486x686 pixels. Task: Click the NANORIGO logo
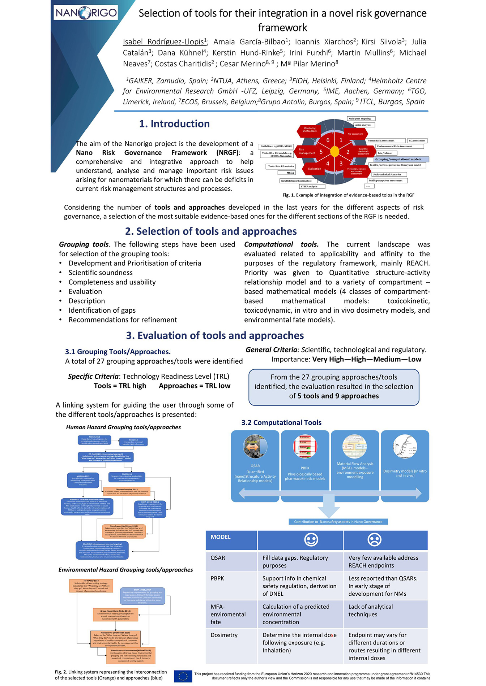coord(86,13)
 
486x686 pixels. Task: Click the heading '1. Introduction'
coord(174,124)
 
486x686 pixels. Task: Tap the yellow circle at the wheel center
coord(335,152)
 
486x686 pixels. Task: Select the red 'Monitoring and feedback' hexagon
coord(309,130)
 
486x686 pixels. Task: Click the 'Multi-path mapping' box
coord(361,118)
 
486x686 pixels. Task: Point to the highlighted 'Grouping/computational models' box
coord(401,159)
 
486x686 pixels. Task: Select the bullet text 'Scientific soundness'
coord(101,273)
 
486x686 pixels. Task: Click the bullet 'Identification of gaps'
coord(102,310)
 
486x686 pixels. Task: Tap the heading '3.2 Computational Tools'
coord(281,422)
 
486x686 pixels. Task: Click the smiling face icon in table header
coord(311,540)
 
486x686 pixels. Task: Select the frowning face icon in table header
coord(374,540)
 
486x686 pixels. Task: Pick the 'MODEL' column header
coord(221,537)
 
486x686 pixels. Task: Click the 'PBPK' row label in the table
coord(217,578)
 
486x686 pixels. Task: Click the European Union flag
coord(183,676)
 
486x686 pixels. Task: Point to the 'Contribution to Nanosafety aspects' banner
coord(338,522)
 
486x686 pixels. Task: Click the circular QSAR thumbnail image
coord(255,447)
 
